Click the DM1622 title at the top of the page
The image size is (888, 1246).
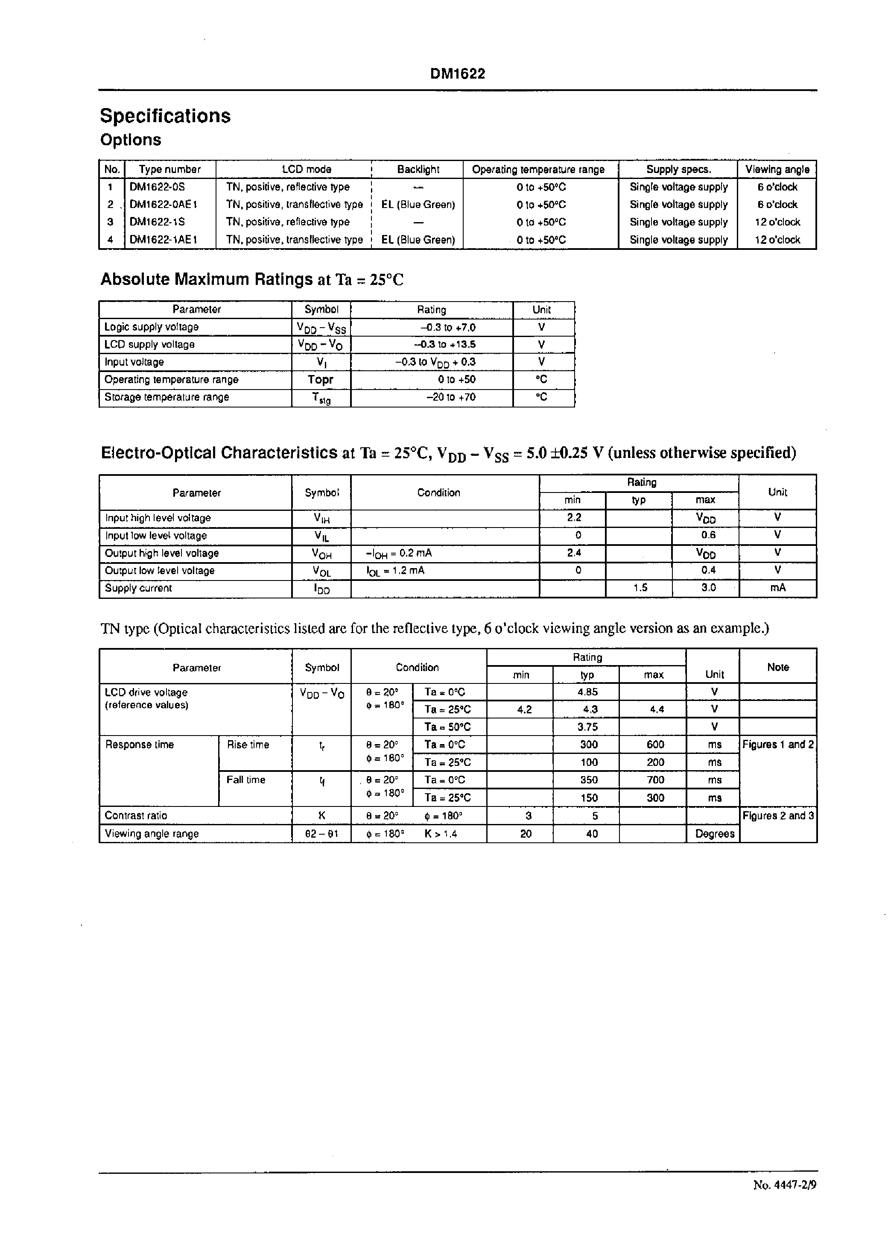click(x=457, y=74)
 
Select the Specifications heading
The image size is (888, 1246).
click(x=165, y=116)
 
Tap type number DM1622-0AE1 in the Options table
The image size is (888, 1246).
click(x=163, y=205)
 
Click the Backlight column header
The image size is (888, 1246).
click(x=418, y=170)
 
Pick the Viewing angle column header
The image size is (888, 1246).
click(x=777, y=170)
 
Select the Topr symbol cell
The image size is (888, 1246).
click(x=321, y=380)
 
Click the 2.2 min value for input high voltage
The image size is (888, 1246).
click(x=574, y=517)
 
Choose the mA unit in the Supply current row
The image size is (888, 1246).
click(x=777, y=588)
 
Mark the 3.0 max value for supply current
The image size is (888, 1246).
click(x=708, y=588)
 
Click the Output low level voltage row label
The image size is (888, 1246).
click(x=159, y=571)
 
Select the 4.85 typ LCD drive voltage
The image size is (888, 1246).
click(x=587, y=692)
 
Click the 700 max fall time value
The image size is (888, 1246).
click(x=654, y=780)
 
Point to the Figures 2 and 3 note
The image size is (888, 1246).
click(x=777, y=815)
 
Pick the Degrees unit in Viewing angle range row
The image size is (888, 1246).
click(x=714, y=833)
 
